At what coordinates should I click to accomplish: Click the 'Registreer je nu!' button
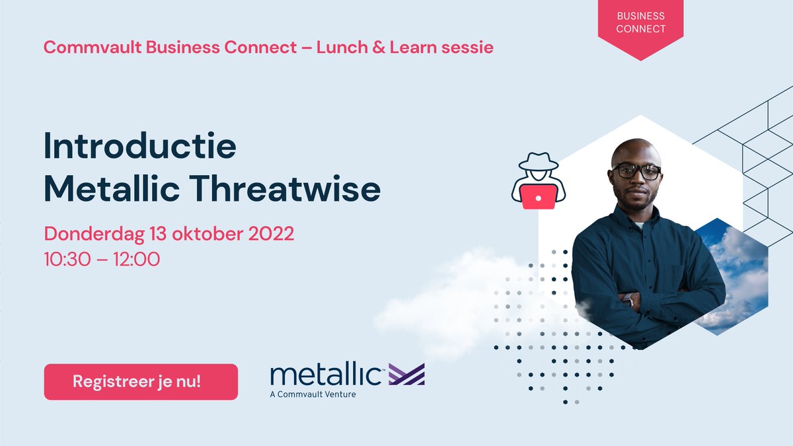click(x=141, y=382)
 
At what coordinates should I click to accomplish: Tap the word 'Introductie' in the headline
click(x=139, y=147)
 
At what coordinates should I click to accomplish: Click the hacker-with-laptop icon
click(x=539, y=180)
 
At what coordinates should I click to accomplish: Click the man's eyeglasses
click(x=636, y=172)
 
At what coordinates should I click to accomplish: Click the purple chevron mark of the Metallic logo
click(x=406, y=374)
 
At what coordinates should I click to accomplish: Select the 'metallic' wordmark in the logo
click(x=325, y=374)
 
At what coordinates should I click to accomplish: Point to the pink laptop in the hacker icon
click(x=539, y=196)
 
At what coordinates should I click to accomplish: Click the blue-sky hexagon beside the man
click(x=734, y=278)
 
